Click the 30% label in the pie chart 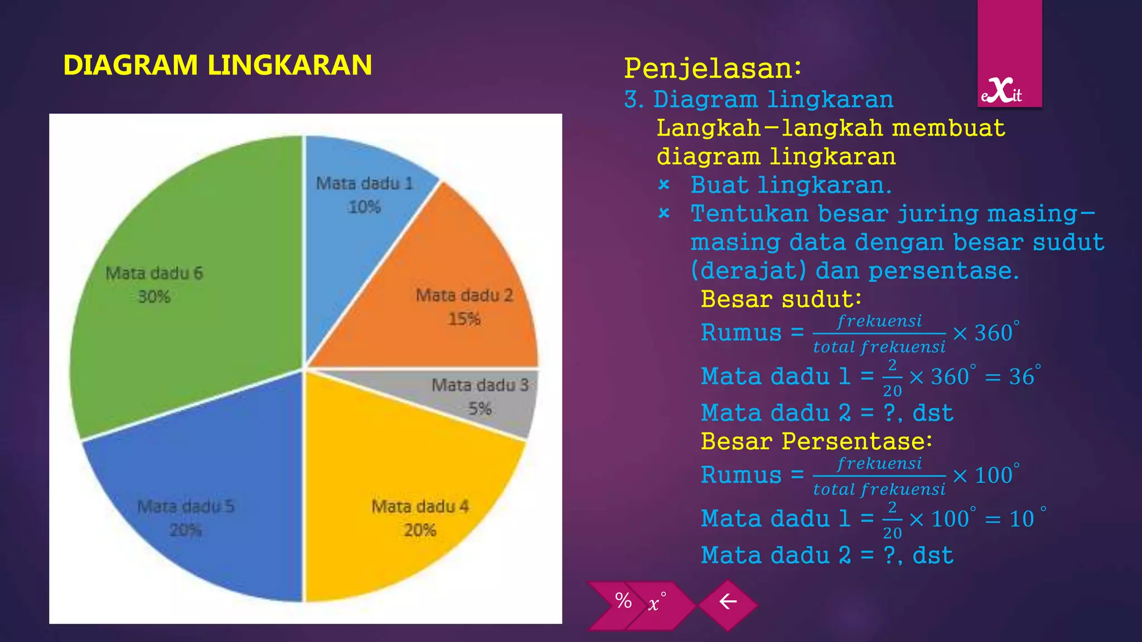(154, 296)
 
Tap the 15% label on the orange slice (464, 319)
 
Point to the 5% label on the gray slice (480, 408)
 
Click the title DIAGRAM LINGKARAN (217, 65)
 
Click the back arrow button (728, 602)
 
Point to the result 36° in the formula (1024, 377)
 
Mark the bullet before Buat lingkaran (664, 184)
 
